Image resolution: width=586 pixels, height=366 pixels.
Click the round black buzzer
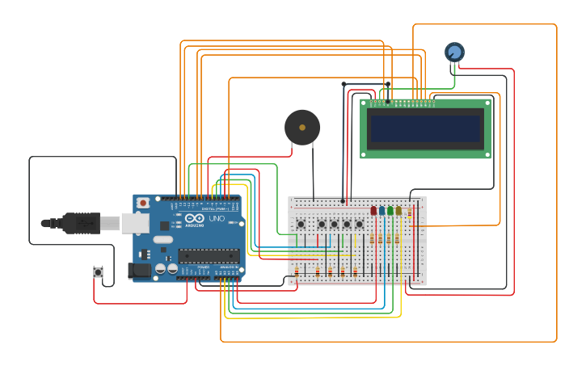[x=302, y=128]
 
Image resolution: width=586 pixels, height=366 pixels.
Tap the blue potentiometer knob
[x=454, y=53]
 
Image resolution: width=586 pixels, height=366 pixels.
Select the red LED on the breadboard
[x=373, y=211]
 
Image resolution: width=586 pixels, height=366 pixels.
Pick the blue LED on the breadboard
[x=382, y=211]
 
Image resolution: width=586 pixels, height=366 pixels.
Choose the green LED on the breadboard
[x=390, y=211]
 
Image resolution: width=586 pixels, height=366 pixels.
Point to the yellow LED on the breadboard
[x=398, y=211]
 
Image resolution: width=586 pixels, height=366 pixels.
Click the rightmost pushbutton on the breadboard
[x=360, y=224]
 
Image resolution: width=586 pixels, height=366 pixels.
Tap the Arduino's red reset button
[x=143, y=203]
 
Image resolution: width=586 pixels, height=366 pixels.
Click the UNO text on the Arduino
[x=217, y=219]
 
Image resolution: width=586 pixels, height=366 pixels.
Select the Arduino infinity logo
[x=195, y=219]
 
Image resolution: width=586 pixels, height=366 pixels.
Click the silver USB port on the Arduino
[x=136, y=223]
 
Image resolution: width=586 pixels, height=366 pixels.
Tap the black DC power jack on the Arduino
[x=140, y=271]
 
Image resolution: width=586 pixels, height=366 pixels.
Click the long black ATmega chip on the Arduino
[x=208, y=256]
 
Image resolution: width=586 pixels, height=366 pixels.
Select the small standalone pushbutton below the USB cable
[x=99, y=272]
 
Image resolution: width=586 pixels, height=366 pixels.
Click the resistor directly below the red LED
[x=372, y=239]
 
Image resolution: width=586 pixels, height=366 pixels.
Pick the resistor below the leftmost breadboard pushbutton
[x=297, y=271]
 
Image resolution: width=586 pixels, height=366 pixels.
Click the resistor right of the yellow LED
[x=410, y=214]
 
